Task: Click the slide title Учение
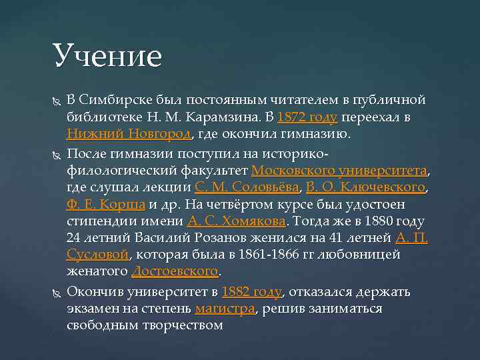tap(107, 55)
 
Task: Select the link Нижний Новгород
tap(129, 135)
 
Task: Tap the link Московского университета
tap(339, 169)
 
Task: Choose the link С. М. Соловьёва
tap(247, 187)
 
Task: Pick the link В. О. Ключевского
tap(365, 187)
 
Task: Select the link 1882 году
tap(252, 291)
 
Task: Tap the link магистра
tap(225, 309)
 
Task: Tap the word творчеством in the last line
tap(180, 326)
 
